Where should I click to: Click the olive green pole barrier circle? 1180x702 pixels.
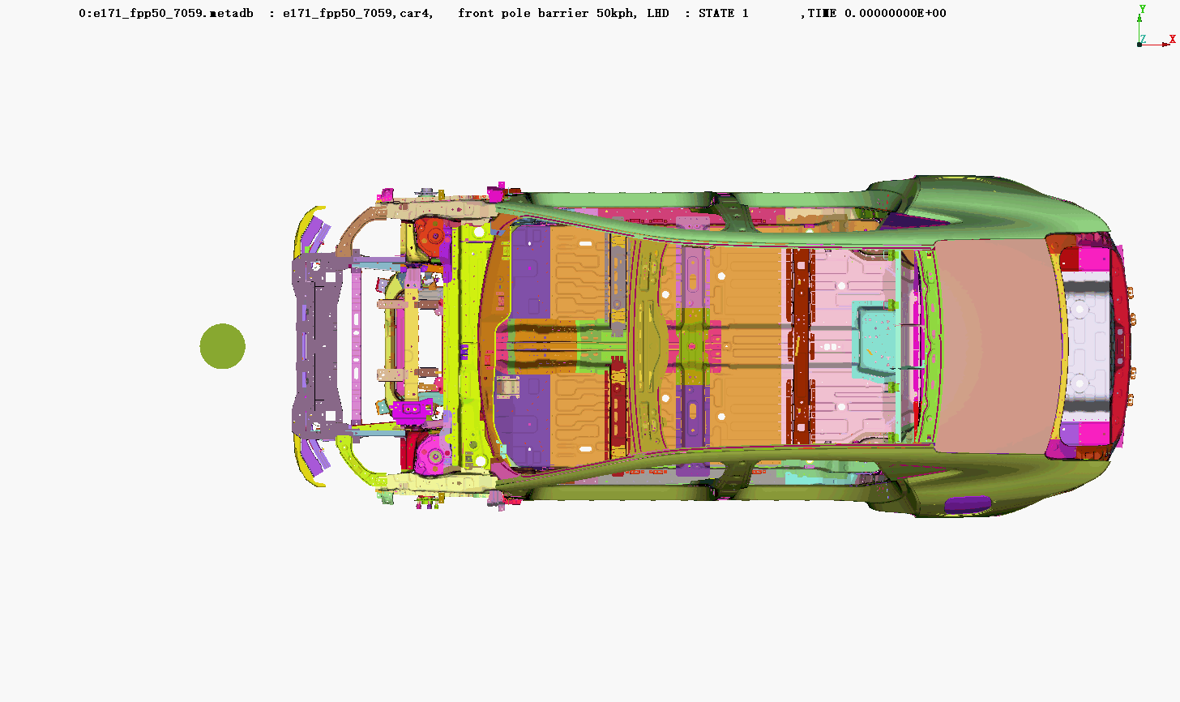coord(222,346)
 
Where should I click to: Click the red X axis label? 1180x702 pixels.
coord(1172,39)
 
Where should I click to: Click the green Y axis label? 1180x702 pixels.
coord(1143,9)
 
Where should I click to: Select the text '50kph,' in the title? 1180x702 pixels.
coord(617,13)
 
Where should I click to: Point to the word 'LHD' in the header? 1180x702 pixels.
coord(658,13)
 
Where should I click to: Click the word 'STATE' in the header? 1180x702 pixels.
coord(716,13)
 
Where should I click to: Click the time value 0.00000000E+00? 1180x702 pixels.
coord(896,13)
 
